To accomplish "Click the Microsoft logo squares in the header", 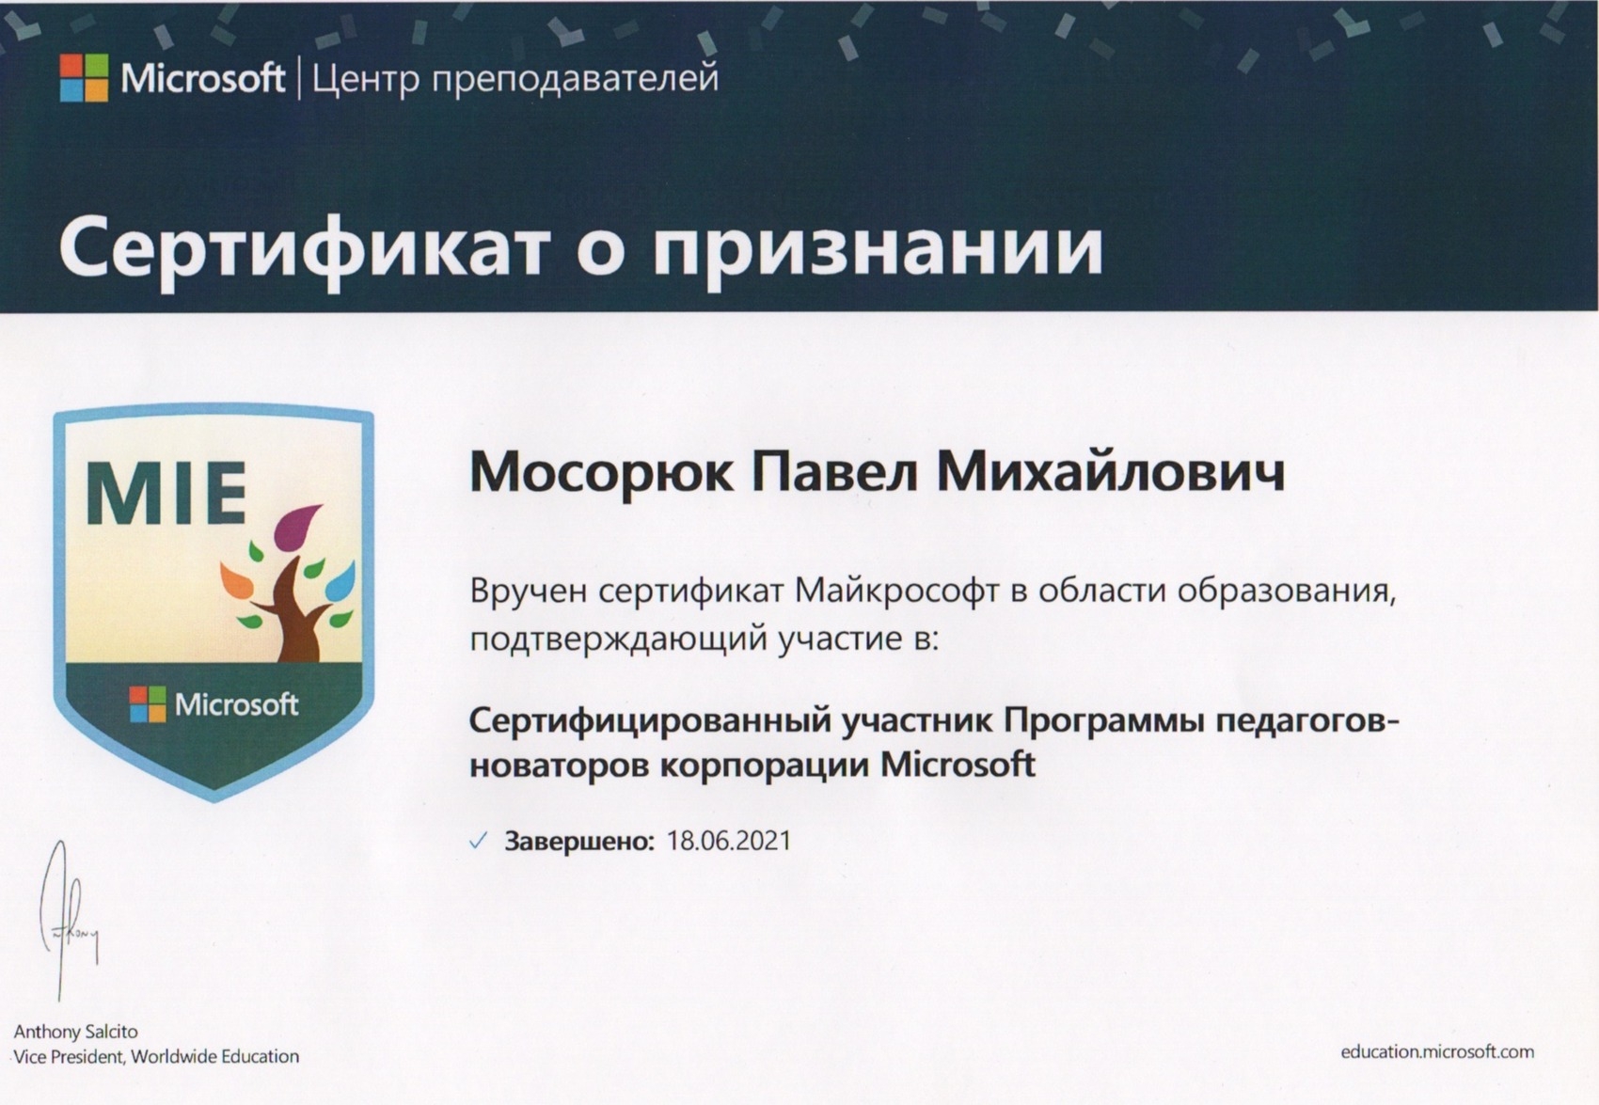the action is (85, 78).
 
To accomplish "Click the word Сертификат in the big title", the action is (304, 249).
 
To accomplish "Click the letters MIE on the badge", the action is (166, 493).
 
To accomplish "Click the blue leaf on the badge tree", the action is (340, 581).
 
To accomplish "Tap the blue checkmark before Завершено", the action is (478, 841).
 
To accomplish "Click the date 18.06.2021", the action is (729, 841).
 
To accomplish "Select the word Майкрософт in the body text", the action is (895, 591).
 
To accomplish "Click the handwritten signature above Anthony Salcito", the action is (68, 921).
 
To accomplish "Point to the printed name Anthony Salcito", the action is (75, 1032).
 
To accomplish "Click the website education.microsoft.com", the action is (1437, 1052).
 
